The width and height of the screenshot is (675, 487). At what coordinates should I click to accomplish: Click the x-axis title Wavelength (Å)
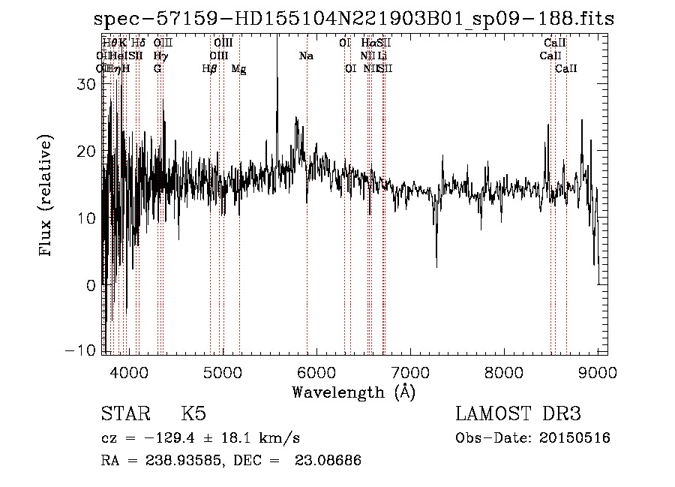click(353, 392)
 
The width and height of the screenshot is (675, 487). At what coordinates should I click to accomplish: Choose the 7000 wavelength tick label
click(409, 372)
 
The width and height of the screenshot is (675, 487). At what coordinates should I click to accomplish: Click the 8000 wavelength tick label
click(503, 372)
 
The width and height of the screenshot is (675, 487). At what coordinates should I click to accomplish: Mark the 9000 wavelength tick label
click(597, 372)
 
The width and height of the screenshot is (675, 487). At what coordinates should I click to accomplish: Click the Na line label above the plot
click(306, 56)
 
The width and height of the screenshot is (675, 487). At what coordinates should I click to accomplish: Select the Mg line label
click(238, 69)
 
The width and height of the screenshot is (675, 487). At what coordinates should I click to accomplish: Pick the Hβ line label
click(210, 69)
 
